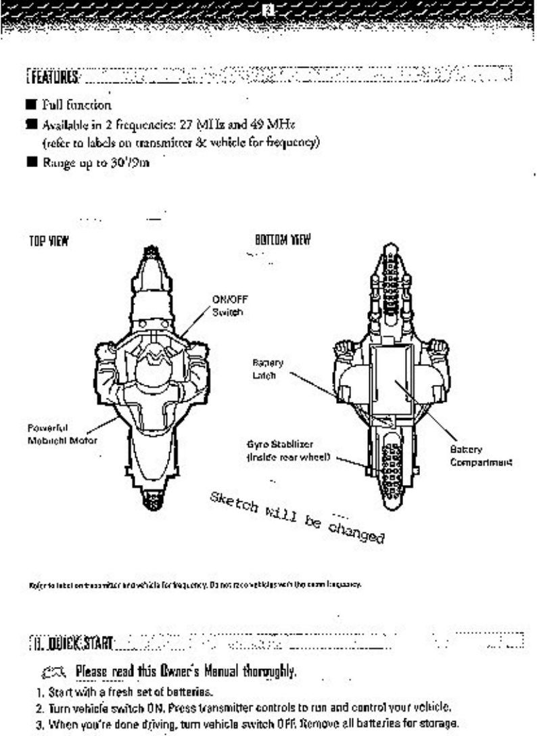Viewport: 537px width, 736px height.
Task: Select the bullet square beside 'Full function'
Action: click(x=12, y=106)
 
